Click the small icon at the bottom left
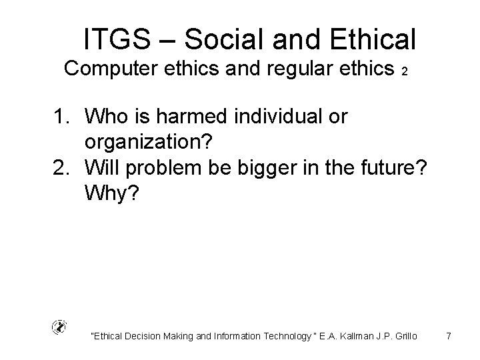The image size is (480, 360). coord(59,327)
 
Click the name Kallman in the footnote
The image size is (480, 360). coord(353,336)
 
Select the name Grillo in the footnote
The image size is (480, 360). coord(404,336)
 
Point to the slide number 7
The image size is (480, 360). coord(449,336)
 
